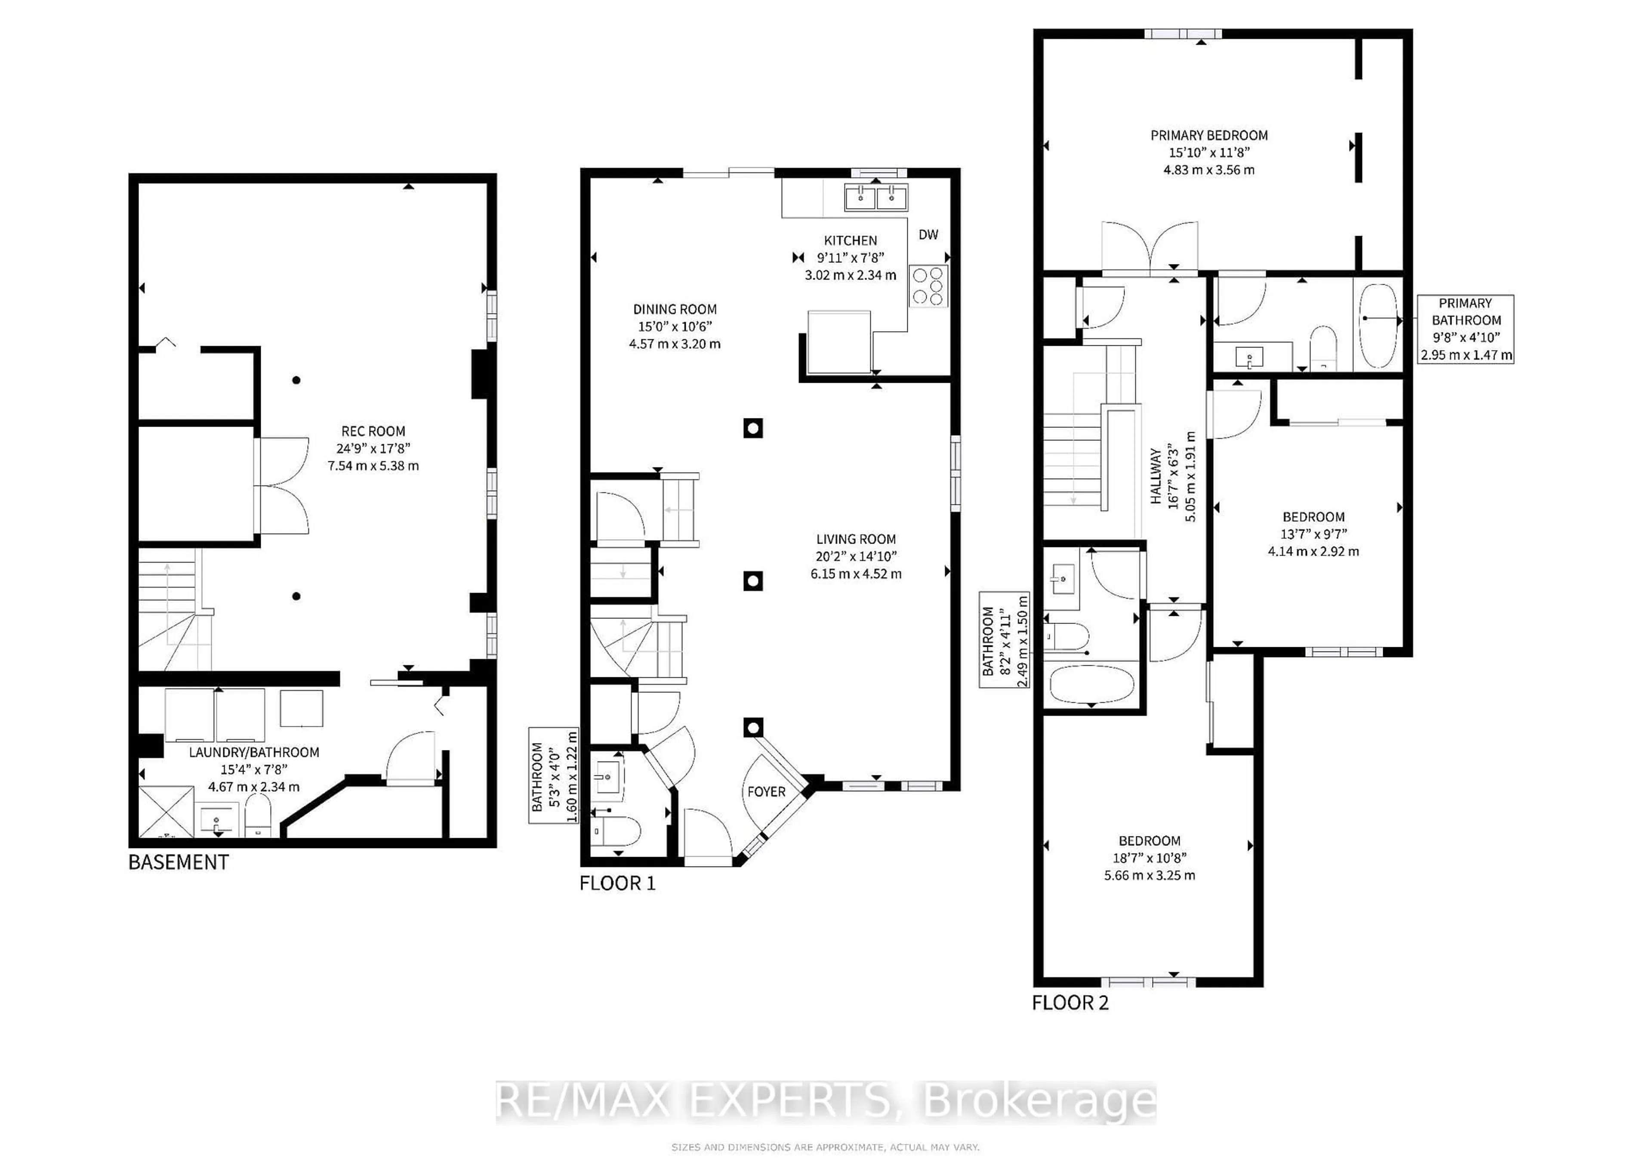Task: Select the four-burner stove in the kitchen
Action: pos(928,286)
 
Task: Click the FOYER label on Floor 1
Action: pos(766,792)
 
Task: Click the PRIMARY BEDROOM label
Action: pos(1209,135)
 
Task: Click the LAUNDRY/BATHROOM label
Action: pos(254,752)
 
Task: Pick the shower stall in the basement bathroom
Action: pos(166,812)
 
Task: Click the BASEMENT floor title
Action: pos(179,862)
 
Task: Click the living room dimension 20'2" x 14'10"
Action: pos(856,556)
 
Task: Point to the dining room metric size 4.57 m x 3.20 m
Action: pos(674,344)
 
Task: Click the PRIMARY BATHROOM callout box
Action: pos(1466,329)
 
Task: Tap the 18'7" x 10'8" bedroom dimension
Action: pos(1149,858)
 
